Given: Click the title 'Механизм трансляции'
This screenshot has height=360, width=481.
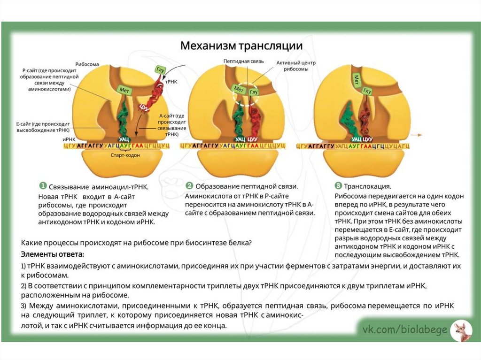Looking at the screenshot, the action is coord(242,46).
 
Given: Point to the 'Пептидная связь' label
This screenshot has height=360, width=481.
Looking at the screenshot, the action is coord(240,61).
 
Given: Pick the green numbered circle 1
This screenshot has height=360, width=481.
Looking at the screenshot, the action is coord(42,185).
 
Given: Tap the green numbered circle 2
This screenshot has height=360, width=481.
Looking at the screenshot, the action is coord(189,185).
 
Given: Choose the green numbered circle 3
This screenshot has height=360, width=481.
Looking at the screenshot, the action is coord(338,185).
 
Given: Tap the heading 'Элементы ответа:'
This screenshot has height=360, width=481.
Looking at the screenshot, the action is coord(52,254).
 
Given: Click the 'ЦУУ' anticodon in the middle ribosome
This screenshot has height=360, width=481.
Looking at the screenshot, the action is coord(253,139).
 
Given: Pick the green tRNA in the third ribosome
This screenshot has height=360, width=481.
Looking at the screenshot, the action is coord(349,120).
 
